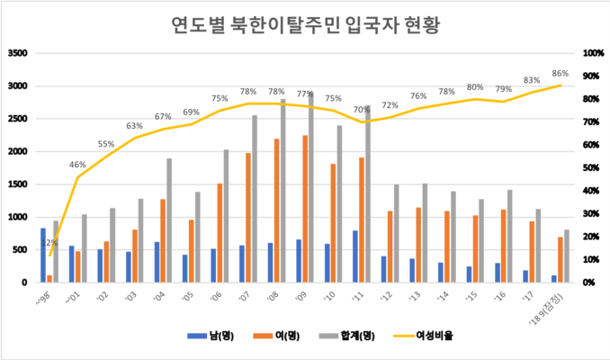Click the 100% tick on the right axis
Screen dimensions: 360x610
pyautogui.click(x=593, y=53)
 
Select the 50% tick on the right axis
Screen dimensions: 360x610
pyautogui.click(x=591, y=167)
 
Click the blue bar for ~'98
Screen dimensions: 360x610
pyautogui.click(x=42, y=255)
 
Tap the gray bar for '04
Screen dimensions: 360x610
pyautogui.click(x=169, y=220)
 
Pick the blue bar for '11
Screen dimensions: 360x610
pyautogui.click(x=354, y=256)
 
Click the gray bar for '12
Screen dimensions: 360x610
pyautogui.click(x=397, y=233)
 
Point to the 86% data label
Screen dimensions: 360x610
pyautogui.click(x=560, y=74)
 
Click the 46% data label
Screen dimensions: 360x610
pyautogui.click(x=77, y=165)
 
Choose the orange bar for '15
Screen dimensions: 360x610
pyautogui.click(x=475, y=248)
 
